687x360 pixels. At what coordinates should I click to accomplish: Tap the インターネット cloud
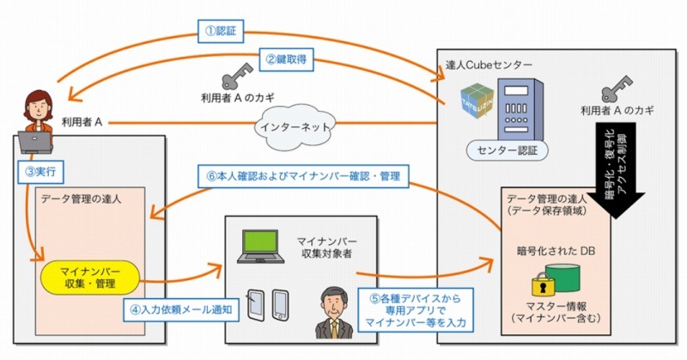(x=284, y=124)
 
